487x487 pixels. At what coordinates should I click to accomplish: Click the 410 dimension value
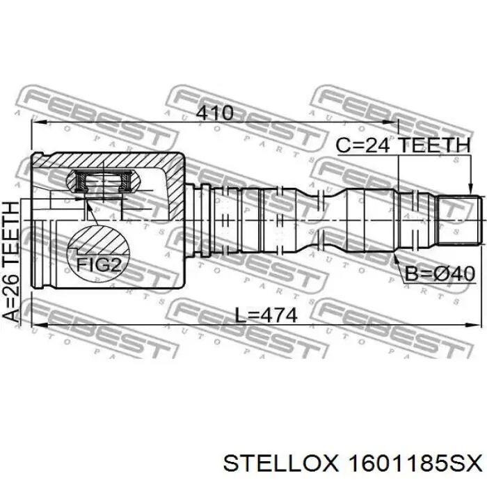click(x=215, y=113)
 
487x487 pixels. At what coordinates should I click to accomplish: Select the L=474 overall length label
click(x=266, y=315)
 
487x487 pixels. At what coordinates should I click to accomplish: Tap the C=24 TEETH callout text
click(x=404, y=145)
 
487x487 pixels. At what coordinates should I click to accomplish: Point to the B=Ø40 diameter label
click(x=440, y=274)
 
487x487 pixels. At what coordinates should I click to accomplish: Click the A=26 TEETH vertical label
click(x=11, y=261)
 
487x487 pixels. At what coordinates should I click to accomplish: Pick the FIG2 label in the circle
click(x=98, y=265)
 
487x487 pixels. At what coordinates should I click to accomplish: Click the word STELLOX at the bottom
click(x=280, y=464)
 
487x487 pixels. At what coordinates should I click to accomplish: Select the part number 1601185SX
click(x=415, y=464)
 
